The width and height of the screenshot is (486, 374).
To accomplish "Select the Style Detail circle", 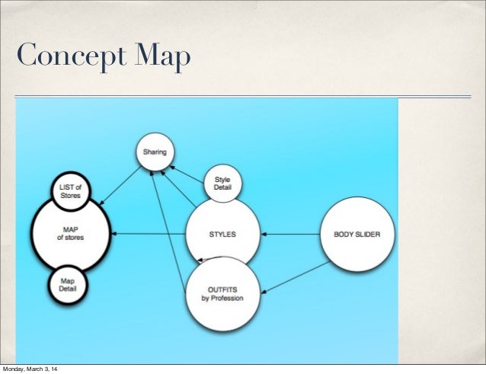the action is pyautogui.click(x=222, y=184).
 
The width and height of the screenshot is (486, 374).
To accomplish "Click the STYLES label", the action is pyautogui.click(x=222, y=234).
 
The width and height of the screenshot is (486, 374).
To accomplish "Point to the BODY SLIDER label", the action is pyautogui.click(x=357, y=234).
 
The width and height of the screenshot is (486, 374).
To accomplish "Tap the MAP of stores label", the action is pyautogui.click(x=70, y=234).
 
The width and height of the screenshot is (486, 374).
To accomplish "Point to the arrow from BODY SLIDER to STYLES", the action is pyautogui.click(x=289, y=234).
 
